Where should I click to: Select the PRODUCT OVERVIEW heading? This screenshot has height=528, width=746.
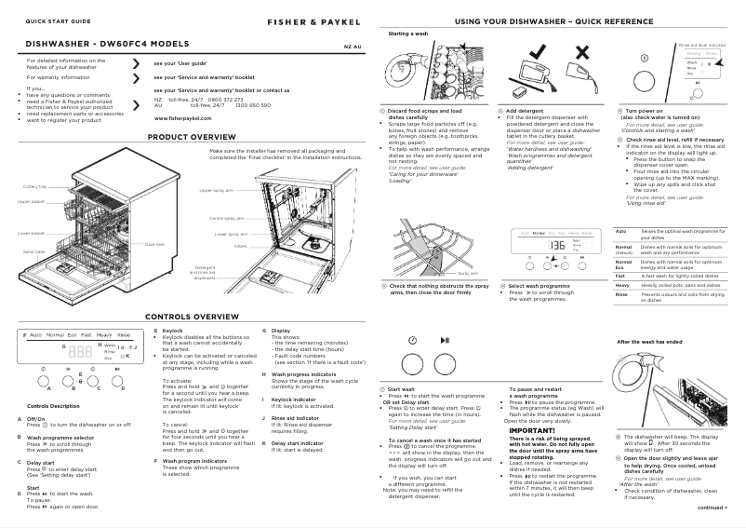(193, 137)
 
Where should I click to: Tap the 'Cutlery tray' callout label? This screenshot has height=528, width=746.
(34, 187)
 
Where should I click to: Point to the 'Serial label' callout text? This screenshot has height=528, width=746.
(33, 252)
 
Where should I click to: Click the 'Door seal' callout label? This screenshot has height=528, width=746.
(154, 244)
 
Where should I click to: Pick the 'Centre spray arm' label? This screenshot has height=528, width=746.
(228, 218)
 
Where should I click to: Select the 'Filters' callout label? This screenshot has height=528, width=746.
(240, 247)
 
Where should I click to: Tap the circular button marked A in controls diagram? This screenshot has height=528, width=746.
(43, 371)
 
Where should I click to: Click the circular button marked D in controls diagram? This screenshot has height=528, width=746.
(117, 371)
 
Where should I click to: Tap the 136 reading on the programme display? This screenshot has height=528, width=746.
(557, 245)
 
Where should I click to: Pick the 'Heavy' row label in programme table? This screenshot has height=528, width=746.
(624, 285)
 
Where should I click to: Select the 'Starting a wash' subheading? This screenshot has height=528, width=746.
(407, 34)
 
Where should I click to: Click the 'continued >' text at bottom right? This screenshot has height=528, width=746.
(712, 508)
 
